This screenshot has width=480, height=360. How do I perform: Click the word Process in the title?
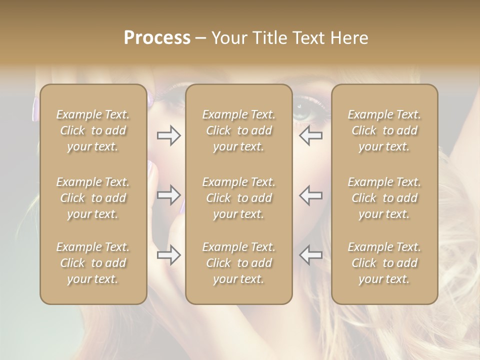(157, 38)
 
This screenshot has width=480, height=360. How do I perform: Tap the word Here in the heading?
(349, 38)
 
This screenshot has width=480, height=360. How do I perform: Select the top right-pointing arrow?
(168, 135)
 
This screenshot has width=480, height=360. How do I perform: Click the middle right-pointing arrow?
(168, 194)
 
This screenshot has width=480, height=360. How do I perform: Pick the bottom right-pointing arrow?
(168, 255)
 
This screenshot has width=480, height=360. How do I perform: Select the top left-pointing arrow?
(311, 135)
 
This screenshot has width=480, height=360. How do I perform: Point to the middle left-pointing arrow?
(311, 194)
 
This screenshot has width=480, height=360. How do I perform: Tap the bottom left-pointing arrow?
(311, 255)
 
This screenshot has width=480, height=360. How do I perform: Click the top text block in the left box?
(93, 130)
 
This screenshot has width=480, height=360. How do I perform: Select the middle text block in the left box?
(93, 198)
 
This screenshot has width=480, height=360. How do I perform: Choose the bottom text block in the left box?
(93, 263)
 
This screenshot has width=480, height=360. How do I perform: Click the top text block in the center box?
(239, 130)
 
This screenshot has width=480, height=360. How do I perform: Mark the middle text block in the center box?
(239, 198)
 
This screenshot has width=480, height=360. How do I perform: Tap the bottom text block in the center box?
(239, 263)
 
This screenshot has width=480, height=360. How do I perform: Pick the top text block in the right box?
(384, 130)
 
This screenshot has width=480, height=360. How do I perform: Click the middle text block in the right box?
(384, 198)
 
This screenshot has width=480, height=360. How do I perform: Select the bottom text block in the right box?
(384, 263)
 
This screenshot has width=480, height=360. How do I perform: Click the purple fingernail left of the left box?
(35, 109)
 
